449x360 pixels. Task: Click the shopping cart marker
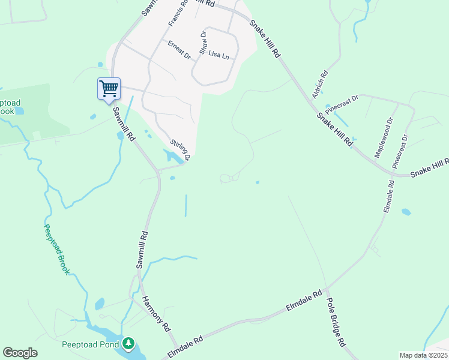109,89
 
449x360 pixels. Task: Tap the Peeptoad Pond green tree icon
128,344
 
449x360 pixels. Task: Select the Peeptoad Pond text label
91,344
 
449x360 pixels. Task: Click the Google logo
20,353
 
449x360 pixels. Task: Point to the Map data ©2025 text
424,355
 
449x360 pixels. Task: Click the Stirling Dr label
180,150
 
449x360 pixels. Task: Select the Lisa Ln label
218,55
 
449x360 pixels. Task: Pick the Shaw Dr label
203,43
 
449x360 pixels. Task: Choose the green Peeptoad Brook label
57,250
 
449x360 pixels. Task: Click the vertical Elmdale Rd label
388,195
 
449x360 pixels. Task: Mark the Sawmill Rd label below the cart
123,124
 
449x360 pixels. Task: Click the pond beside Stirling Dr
173,157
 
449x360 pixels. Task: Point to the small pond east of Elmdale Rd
406,212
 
